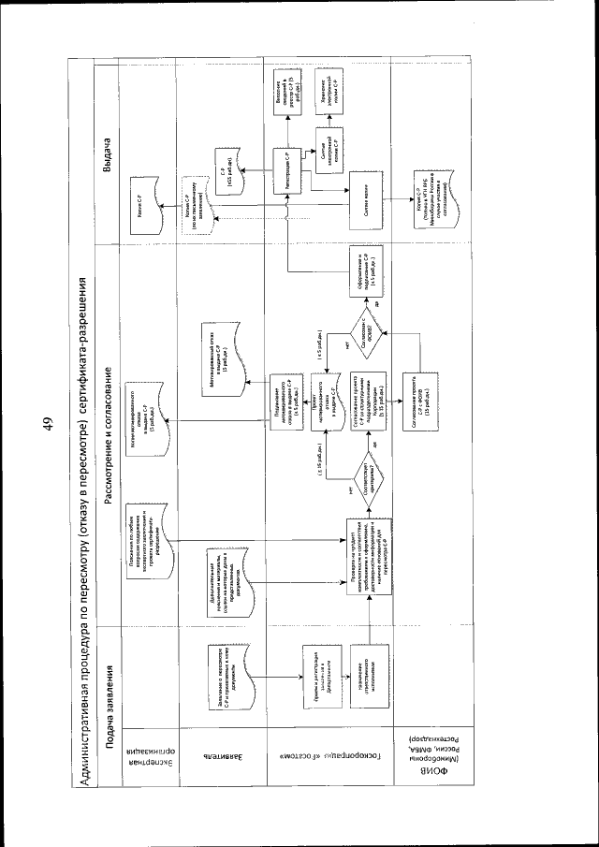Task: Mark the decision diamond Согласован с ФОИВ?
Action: pyautogui.click(x=359, y=331)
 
